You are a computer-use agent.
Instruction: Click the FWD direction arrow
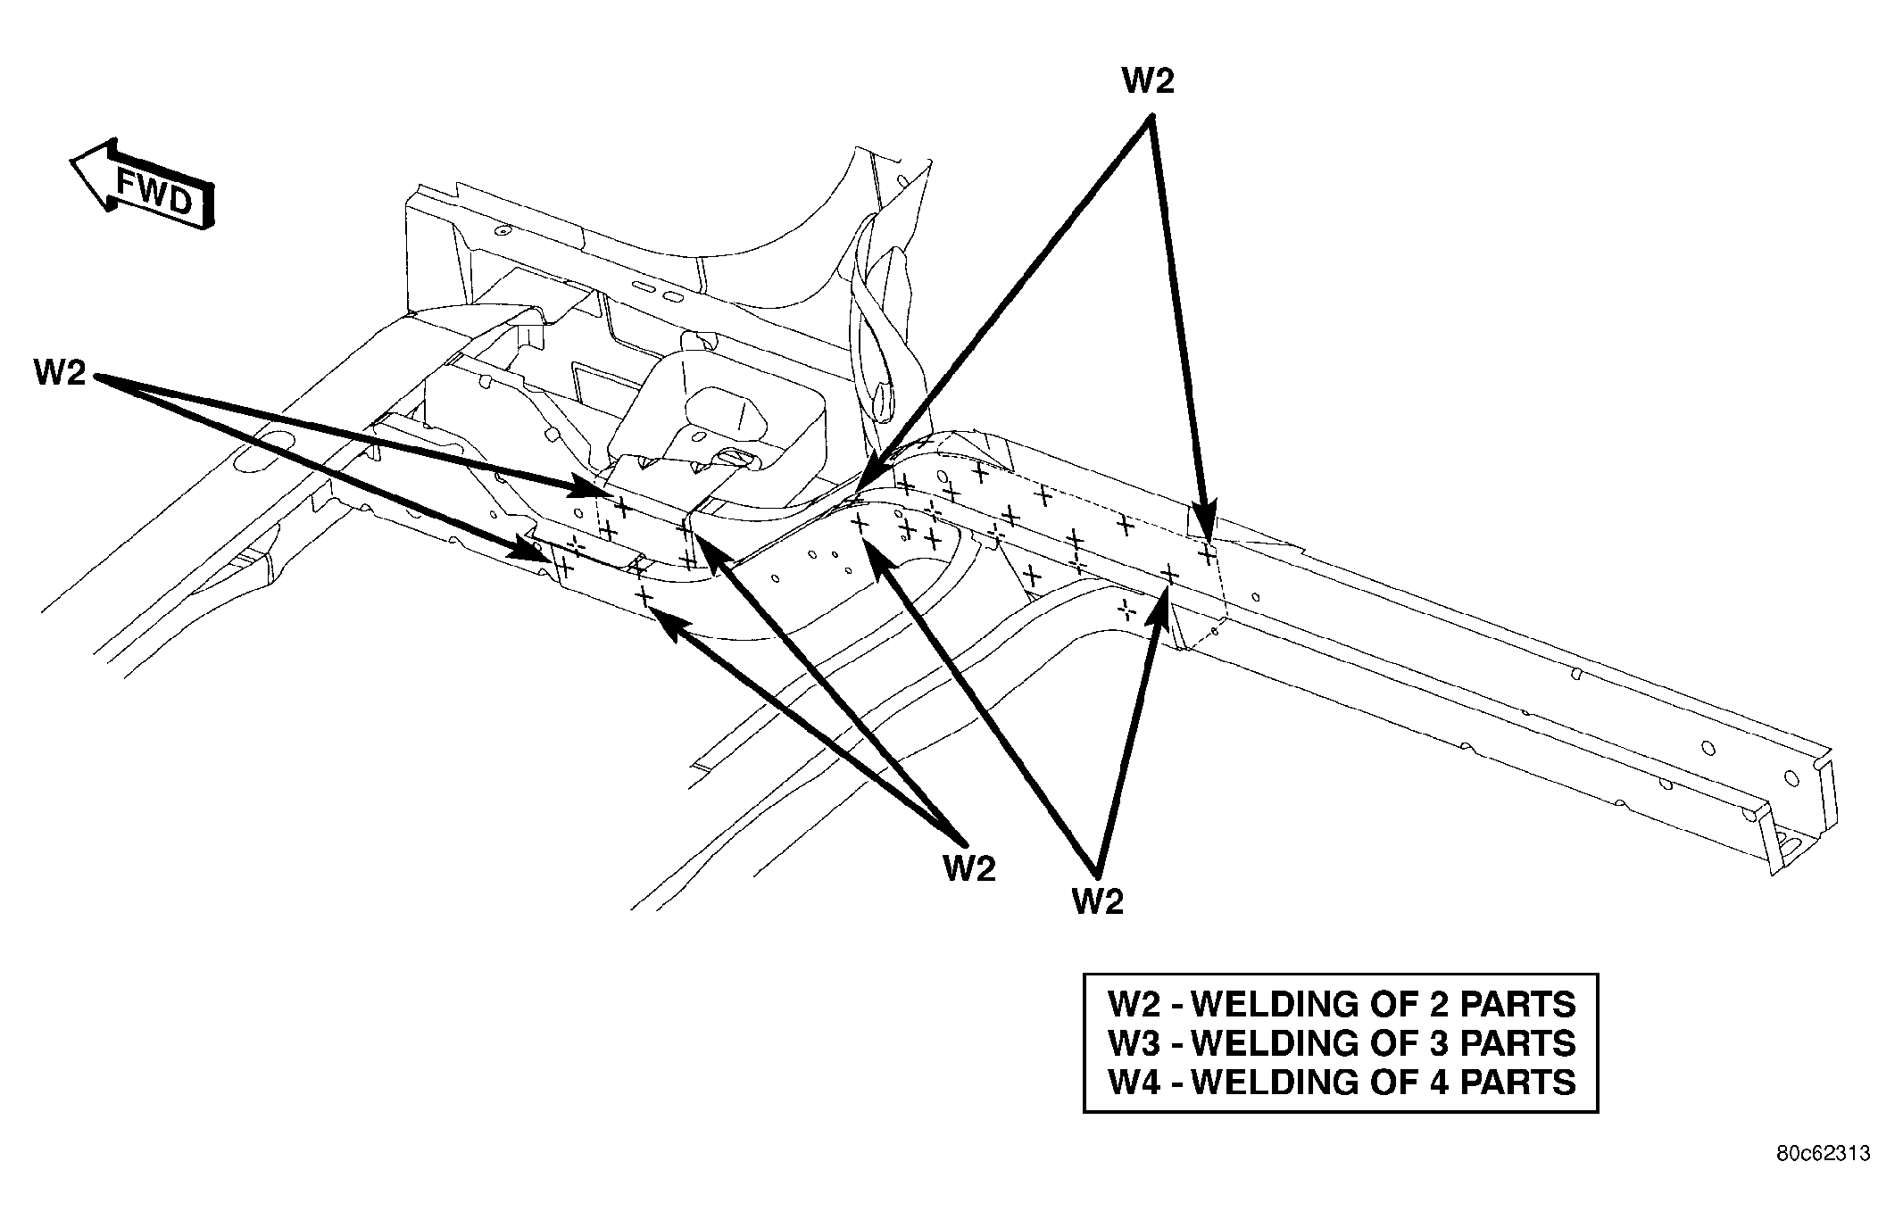[x=143, y=188]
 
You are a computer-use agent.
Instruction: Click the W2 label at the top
[x=1148, y=81]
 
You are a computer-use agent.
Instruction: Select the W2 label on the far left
[x=60, y=372]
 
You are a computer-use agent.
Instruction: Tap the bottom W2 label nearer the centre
[x=968, y=867]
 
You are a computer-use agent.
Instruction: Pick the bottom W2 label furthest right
[x=1097, y=901]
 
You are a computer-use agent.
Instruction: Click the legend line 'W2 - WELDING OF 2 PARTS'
[x=1342, y=1004]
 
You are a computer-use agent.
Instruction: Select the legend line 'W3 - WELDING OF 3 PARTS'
[x=1342, y=1042]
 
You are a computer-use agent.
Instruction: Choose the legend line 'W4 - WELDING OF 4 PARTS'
[x=1342, y=1082]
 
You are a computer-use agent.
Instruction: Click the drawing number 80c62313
[x=1822, y=1154]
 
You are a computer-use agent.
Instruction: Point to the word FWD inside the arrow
[x=155, y=193]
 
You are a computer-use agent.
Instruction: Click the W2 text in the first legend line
[x=1134, y=1004]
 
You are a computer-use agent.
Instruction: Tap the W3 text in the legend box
[x=1134, y=1042]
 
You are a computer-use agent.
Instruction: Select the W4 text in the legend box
[x=1134, y=1082]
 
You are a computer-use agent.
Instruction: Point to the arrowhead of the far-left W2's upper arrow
[x=592, y=487]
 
